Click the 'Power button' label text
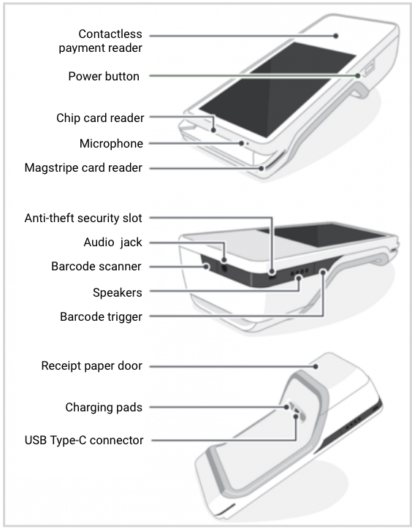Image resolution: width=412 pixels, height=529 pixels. pos(104,76)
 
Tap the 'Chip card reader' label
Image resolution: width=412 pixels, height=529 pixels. pos(100,118)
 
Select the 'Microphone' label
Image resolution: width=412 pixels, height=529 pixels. pos(111,143)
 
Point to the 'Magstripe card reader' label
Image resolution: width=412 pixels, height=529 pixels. pos(83,167)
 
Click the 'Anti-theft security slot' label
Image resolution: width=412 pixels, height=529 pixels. pos(83,218)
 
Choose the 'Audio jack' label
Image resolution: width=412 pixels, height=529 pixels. pos(112,243)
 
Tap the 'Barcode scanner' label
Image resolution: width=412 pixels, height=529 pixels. pos(96,266)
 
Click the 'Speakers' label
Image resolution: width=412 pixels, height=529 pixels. pos(118,292)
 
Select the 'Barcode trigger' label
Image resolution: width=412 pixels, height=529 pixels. pos(102,317)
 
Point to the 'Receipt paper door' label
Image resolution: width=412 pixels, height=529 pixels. pos(92,366)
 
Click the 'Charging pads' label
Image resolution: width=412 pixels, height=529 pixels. pos(104,407)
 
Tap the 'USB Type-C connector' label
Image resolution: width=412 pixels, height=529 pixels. pos(84,441)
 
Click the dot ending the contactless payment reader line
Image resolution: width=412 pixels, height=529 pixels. pos(336,36)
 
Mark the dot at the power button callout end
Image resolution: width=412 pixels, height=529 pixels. pos(358,75)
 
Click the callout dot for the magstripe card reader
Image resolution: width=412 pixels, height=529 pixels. pos(262,168)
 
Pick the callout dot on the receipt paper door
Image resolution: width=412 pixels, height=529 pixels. pos(316,366)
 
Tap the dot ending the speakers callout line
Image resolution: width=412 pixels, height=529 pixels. pos(299,278)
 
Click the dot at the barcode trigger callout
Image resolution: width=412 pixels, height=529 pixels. pos(323,272)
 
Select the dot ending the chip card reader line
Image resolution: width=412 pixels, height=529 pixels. pos(213,130)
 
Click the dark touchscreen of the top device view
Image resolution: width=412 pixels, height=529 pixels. pos(278,89)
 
